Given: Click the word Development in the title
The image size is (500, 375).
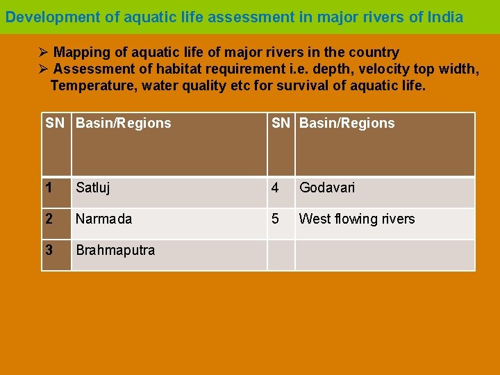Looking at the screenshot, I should point(53,17).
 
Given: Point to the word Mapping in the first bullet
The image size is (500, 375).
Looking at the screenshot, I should point(81,53).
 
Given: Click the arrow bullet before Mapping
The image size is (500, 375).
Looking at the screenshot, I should point(44,53).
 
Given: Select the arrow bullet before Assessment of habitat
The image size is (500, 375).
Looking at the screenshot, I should point(44,69).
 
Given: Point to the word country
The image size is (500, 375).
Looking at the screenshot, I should point(376,53).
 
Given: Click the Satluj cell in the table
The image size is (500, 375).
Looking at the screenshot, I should point(93,187).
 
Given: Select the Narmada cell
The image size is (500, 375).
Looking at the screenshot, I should point(103,219).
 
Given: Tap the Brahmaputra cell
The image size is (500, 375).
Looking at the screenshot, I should point(115,250).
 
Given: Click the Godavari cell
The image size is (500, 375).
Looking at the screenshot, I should point(326,187).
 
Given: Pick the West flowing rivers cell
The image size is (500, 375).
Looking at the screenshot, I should point(357,219).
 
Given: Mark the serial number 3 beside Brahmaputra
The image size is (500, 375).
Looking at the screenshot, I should point(49,250).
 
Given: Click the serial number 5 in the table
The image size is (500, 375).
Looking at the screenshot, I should point(276,219).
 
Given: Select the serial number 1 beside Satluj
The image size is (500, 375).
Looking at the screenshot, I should point(49,187).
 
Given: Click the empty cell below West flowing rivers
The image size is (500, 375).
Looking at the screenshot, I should point(385,255).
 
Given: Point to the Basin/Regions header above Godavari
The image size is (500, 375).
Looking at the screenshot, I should point(347,124).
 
